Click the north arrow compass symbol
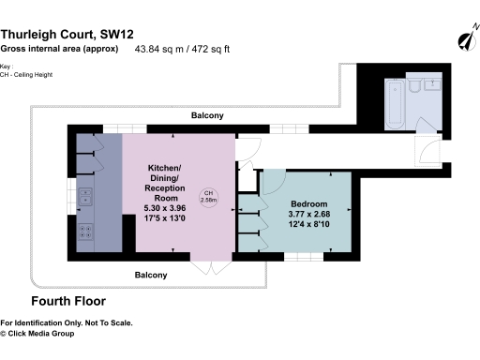(x=462, y=41)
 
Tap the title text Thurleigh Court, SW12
(x=70, y=33)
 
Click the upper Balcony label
(x=207, y=115)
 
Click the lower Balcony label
(x=150, y=275)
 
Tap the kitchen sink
(x=86, y=196)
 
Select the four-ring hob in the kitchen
(x=85, y=231)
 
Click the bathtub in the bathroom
(x=394, y=101)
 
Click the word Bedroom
(x=308, y=204)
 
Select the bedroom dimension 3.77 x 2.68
(x=308, y=215)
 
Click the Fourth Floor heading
(x=68, y=302)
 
